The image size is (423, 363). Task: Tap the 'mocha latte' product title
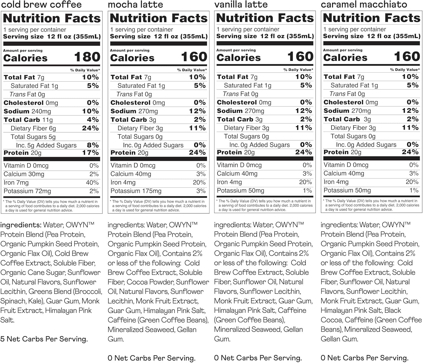pyautogui.click(x=135, y=5)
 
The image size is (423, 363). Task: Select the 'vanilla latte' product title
pyautogui.click(x=241, y=4)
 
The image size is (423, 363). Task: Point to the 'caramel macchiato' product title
pyautogui.click(x=364, y=4)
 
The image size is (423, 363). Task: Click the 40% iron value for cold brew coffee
pyautogui.click(x=92, y=183)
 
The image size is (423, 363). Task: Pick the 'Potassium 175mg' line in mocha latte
pyautogui.click(x=136, y=191)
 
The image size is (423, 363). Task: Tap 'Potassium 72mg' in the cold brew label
pyautogui.click(x=27, y=191)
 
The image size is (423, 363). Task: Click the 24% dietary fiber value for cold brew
pyautogui.click(x=90, y=128)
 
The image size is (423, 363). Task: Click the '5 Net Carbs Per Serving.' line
pyautogui.click(x=44, y=339)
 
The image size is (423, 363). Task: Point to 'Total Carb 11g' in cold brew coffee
pyautogui.click(x=28, y=120)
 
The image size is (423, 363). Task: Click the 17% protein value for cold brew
pyautogui.click(x=90, y=153)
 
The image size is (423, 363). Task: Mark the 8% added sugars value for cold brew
pyautogui.click(x=93, y=145)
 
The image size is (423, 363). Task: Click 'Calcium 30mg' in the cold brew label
pyautogui.click(x=24, y=174)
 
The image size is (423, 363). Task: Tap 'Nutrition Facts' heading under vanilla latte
pyautogui.click(x=265, y=18)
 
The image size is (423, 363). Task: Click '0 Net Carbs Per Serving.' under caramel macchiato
pyautogui.click(x=364, y=358)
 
